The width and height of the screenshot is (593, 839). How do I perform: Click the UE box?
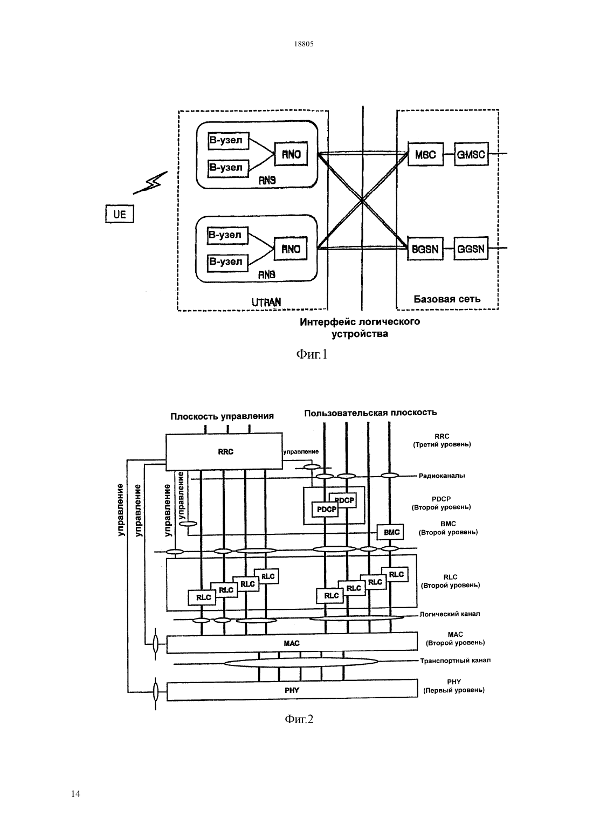coord(120,214)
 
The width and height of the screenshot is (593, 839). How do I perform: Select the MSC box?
coord(425,154)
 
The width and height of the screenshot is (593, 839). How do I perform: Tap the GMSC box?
coord(471,154)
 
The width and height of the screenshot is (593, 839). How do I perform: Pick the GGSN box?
coord(471,249)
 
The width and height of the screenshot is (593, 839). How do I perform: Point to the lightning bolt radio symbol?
coord(150,183)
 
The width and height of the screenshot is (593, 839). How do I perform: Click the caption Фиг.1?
coord(312,354)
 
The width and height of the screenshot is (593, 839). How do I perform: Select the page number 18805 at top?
coord(304,44)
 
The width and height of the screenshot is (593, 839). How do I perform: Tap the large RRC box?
coord(224,452)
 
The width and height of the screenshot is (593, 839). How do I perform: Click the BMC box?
coord(391,532)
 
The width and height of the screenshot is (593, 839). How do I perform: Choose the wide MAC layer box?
coord(292,643)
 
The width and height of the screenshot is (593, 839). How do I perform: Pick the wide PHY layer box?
coord(292,690)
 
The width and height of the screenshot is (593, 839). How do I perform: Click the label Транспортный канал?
coord(455,661)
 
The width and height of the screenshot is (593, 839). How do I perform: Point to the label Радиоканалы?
coord(442,476)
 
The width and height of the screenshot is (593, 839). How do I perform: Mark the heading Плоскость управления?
coord(222,416)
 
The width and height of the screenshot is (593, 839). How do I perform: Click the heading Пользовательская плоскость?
coord(370,412)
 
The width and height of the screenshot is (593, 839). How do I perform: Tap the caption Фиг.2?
coord(299,719)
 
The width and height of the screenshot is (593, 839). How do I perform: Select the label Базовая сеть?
coord(447,299)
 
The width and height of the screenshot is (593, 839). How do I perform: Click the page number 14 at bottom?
coord(75,794)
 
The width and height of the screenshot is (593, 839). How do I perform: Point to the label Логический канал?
coord(450,614)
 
